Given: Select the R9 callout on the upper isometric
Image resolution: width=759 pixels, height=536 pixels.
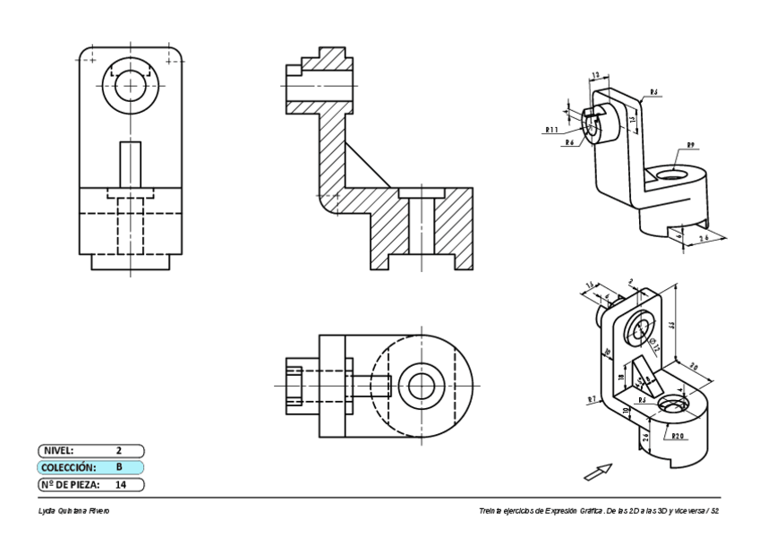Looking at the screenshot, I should pos(691,145).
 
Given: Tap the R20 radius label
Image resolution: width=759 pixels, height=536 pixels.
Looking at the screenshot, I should pos(679,436).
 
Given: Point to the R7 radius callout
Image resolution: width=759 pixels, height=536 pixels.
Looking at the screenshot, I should pos(592,398).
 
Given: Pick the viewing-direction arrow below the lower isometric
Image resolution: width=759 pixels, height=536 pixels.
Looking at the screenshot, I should pos(598,471).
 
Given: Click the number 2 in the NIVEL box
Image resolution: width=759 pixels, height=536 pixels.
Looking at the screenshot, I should pos(118,451).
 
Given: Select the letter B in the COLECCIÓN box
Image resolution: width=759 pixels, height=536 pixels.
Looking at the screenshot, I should pos(118,467).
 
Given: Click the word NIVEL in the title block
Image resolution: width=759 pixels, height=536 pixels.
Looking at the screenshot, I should pos(59,451).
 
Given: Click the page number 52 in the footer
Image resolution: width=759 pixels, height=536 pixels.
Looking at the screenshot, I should pos(713,510).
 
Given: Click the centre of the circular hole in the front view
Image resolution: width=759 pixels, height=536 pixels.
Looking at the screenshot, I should pos(132,87).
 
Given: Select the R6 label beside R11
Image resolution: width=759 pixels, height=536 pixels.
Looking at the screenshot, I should pos(569,142).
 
